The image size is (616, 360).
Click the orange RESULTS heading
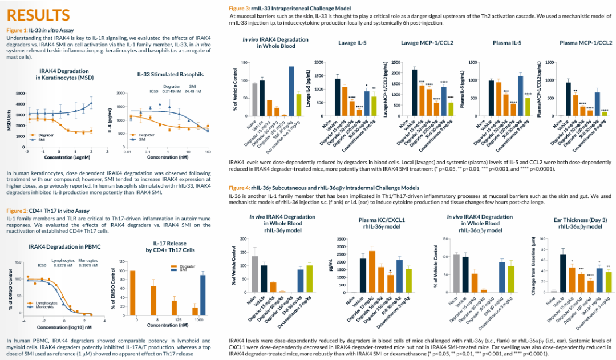[38, 15]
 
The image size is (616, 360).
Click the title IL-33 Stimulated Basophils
[170, 74]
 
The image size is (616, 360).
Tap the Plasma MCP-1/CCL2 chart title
[586, 43]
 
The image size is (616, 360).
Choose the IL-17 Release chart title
[170, 246]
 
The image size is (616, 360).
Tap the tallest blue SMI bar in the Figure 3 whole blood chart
[291, 91]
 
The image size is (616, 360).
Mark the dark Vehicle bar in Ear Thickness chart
[562, 273]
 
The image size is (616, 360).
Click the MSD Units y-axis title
[9, 120]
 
